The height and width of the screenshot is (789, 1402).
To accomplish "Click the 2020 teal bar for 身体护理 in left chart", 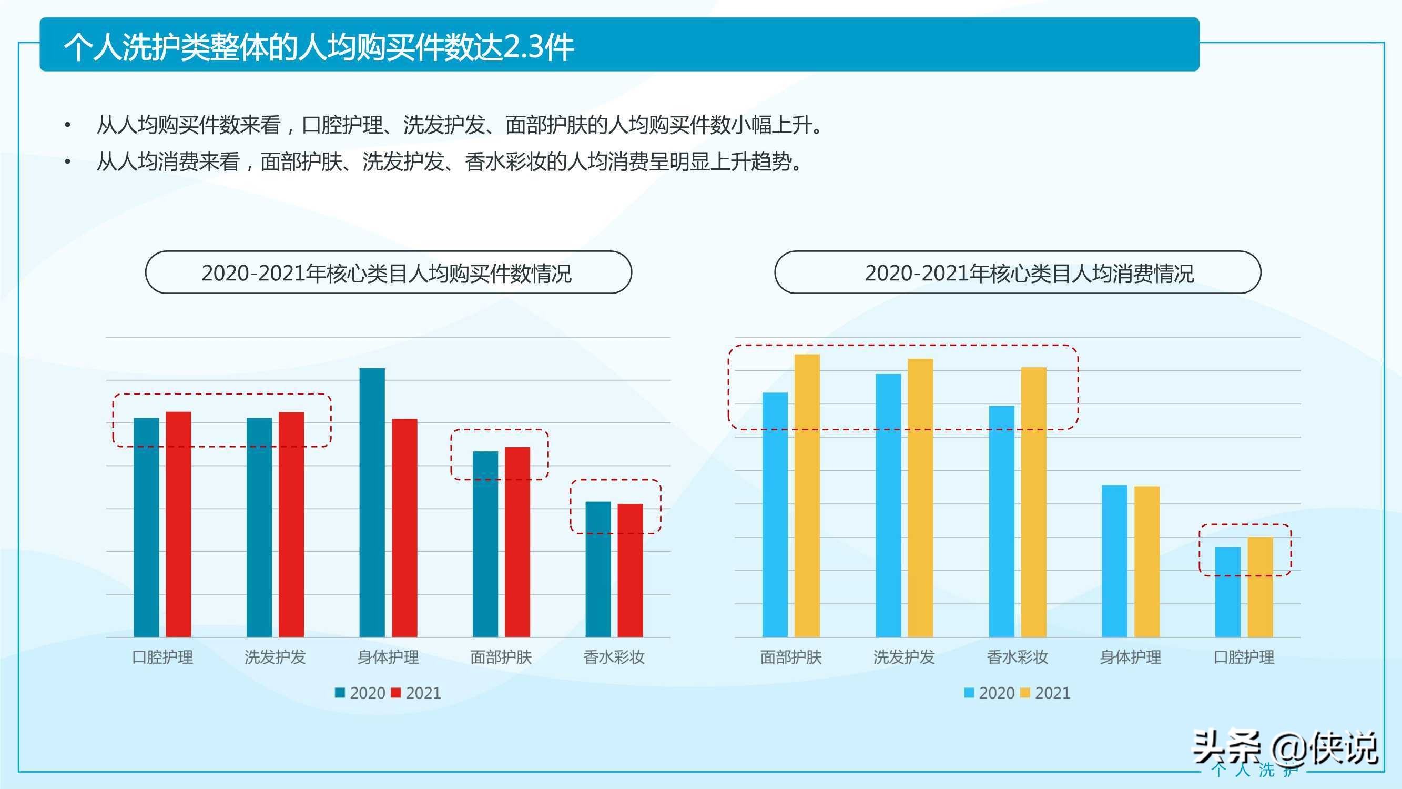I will pos(372,502).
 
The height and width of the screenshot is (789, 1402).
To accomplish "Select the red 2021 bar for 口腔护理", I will pos(178,524).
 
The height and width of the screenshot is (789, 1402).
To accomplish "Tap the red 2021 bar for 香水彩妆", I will pos(630,570).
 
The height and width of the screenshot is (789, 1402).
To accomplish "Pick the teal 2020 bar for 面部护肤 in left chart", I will pos(485,544).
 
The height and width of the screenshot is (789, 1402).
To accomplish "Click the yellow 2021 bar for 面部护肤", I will pos(807,495).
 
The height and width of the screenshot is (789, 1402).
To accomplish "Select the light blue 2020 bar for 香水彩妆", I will pos(1001,521).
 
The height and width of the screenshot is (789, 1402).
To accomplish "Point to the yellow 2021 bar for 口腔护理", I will pos(1260,587).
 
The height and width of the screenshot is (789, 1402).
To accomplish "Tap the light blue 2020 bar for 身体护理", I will pos(1115,561).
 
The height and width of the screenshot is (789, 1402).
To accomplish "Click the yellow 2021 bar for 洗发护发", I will pos(920,498).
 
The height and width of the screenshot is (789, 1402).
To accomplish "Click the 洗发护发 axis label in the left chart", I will pos(275,657).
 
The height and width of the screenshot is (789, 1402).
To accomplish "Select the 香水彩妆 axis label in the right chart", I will pos(1017,657).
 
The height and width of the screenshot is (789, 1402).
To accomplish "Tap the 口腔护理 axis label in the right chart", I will pos(1244,657).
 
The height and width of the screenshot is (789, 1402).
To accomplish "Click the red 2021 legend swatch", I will pos(396,693).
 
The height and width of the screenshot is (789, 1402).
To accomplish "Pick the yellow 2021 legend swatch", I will pos(1025,693).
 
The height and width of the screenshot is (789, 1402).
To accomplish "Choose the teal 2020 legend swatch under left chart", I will pos(340,693).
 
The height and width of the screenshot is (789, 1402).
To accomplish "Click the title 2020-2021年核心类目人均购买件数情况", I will pos(387,273).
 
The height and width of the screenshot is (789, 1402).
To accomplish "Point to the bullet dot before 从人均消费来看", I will pos(67,161).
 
